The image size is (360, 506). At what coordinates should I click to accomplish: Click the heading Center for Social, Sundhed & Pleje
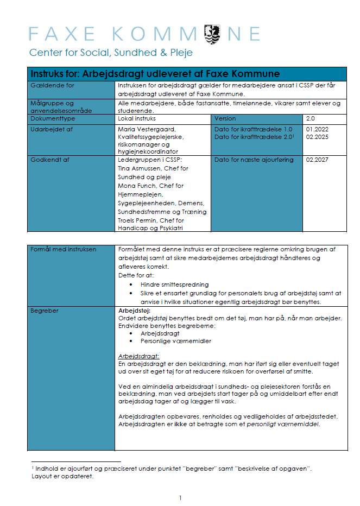tap(111, 53)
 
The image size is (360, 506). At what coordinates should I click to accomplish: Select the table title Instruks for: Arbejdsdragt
tap(155, 73)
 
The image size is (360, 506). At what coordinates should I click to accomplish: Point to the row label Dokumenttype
tap(53, 118)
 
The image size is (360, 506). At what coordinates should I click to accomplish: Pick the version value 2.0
tap(311, 118)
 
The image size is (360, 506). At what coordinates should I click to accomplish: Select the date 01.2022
tap(317, 129)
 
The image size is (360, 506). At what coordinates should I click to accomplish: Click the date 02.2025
tap(317, 137)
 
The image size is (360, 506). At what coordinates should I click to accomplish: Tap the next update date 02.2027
tap(317, 160)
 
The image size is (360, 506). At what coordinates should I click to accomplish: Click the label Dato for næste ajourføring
tap(254, 160)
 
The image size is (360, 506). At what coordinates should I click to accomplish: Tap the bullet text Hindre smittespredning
tap(174, 284)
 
